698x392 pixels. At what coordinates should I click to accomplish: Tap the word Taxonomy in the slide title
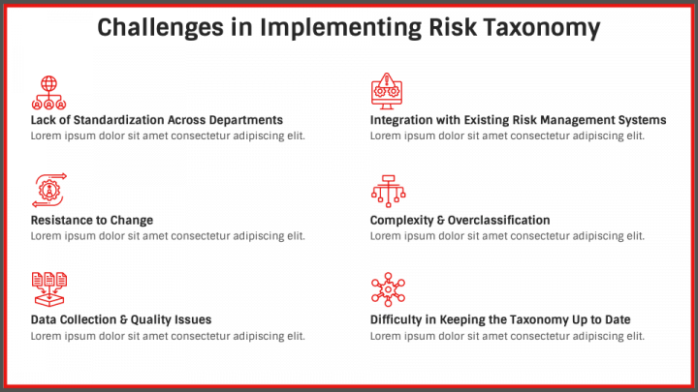[x=541, y=28]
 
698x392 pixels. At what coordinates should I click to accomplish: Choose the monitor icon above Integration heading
[x=387, y=90]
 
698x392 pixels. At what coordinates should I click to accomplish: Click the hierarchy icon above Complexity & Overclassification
[x=387, y=190]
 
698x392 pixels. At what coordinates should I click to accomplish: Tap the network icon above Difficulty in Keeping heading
[x=387, y=289]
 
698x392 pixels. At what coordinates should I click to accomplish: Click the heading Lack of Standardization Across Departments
[x=157, y=120]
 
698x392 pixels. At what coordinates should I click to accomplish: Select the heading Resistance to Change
[x=92, y=221]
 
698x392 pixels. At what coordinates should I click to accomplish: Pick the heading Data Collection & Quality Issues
[x=121, y=319]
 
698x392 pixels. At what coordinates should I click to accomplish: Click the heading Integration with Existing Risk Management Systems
[x=518, y=120]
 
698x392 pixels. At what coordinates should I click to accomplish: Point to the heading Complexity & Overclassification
[x=460, y=221]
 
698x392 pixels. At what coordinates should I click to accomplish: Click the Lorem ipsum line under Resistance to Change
[x=168, y=236]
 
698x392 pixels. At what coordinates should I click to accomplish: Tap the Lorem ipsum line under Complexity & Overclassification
[x=507, y=236]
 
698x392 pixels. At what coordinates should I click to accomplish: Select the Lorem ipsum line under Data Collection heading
[x=168, y=336]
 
